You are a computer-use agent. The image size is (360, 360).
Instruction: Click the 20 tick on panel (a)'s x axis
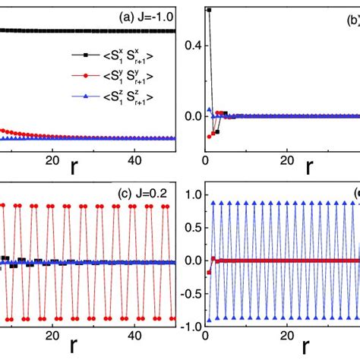[52, 160]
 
